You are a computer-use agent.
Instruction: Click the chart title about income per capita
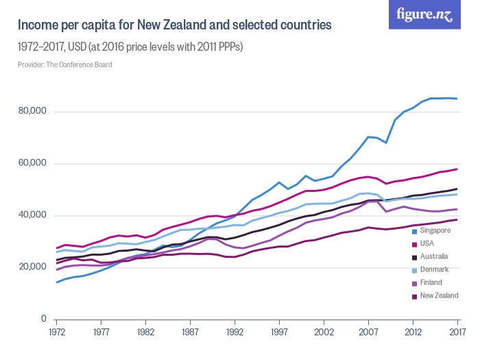point(175,26)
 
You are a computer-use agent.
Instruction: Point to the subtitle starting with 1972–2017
point(130,47)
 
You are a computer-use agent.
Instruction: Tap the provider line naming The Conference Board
point(65,64)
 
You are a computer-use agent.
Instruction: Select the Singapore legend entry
point(435,230)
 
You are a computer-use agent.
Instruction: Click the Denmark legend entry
point(433,269)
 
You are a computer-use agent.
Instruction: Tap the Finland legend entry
point(431,283)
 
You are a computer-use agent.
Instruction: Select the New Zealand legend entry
point(438,296)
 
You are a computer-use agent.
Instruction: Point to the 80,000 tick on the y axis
point(32,111)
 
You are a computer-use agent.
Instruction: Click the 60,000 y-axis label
point(32,163)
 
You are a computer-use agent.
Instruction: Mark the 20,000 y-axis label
point(32,267)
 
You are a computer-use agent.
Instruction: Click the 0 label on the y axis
point(43,319)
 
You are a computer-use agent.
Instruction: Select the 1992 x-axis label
point(235,332)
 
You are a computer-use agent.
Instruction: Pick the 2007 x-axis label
point(368,332)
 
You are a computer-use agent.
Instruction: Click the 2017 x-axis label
point(457,332)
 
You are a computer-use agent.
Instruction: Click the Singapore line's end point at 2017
point(457,99)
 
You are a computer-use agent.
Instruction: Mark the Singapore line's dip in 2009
point(386,143)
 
